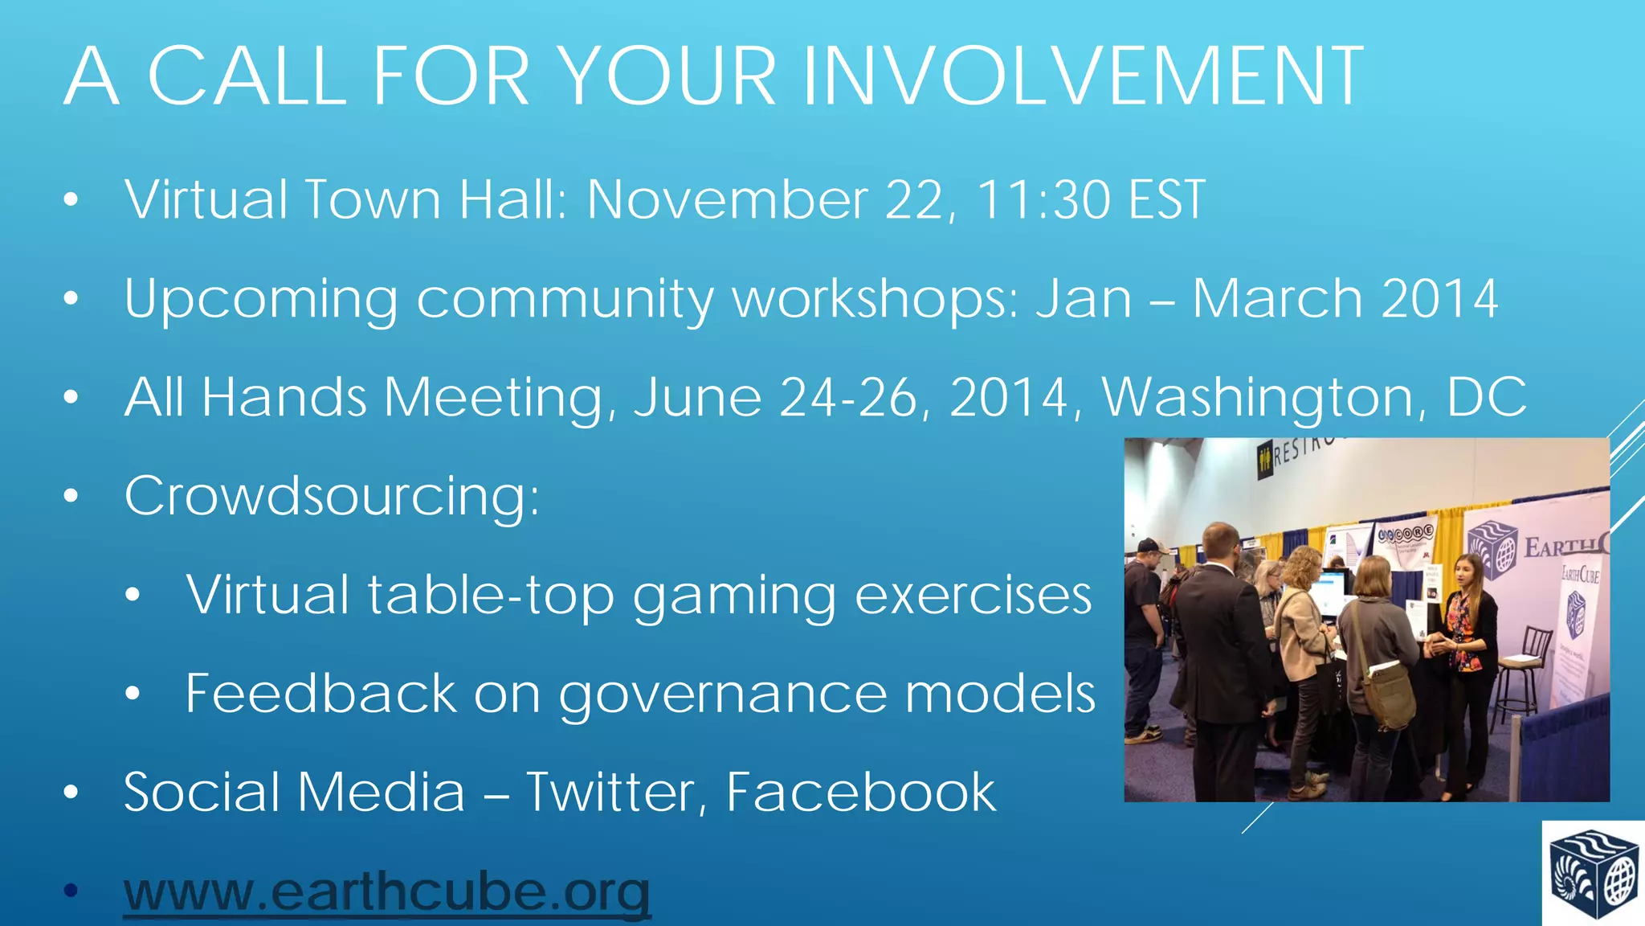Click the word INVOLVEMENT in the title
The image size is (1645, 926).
[1083, 76]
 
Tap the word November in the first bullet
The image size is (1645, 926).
[727, 199]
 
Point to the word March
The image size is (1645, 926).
[1277, 298]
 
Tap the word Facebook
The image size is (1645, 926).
[861, 793]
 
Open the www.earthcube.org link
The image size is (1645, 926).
[386, 892]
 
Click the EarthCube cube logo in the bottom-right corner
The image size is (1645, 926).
[1594, 874]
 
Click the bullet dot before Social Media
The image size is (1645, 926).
[71, 793]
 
